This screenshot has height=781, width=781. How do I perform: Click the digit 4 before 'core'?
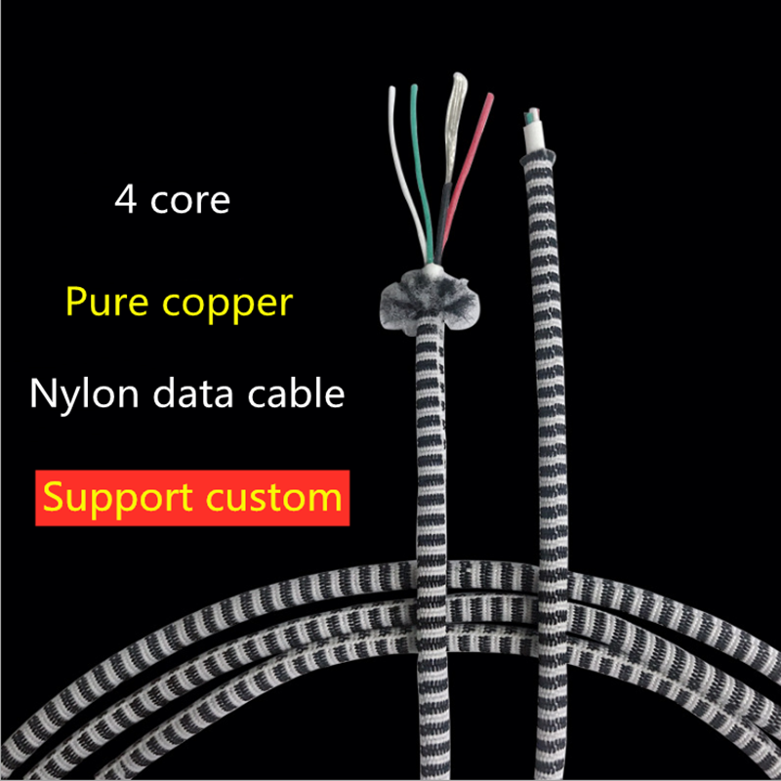(125, 199)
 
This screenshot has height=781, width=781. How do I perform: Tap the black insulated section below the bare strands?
(442, 220)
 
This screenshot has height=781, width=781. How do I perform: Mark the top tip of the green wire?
(414, 88)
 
